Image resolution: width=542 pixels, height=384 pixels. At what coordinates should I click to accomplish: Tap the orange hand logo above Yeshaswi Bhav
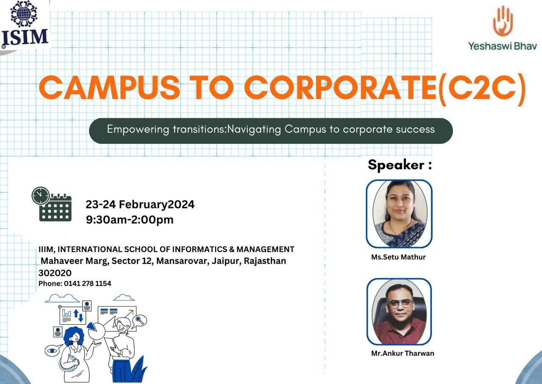[503, 21]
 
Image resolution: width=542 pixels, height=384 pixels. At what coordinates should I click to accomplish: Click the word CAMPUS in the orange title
[109, 87]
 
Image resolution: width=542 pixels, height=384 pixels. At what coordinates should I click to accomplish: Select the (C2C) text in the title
[482, 89]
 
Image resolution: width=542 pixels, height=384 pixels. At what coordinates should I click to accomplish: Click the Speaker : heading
[400, 165]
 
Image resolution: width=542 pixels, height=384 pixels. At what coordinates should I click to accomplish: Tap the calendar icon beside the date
[52, 204]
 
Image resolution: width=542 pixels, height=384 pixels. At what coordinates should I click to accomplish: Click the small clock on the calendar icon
[41, 195]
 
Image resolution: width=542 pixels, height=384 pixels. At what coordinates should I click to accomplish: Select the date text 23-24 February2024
[140, 205]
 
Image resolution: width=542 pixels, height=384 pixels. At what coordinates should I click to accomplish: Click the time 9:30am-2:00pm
[130, 220]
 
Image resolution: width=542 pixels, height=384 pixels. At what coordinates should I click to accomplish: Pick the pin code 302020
[55, 273]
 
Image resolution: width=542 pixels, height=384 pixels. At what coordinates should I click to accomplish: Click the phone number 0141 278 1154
[87, 284]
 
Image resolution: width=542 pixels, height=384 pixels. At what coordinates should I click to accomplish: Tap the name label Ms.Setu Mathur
[398, 257]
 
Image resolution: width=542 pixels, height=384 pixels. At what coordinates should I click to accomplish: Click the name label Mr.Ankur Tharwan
[403, 353]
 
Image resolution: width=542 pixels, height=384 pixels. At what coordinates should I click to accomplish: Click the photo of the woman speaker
[399, 214]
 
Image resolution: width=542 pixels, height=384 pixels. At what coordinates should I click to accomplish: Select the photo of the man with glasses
[399, 312]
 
